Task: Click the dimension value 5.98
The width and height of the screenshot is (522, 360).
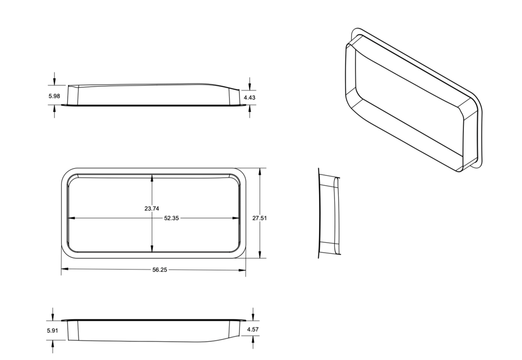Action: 54,96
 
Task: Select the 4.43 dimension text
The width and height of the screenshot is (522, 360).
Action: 249,98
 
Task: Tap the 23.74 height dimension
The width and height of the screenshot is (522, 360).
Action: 152,209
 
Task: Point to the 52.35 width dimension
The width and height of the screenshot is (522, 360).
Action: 171,218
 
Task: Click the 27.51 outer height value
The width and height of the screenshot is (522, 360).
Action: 259,218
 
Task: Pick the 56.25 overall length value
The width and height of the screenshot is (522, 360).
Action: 160,270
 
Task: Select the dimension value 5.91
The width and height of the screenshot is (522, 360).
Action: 52,331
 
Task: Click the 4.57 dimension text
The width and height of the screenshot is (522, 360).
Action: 252,329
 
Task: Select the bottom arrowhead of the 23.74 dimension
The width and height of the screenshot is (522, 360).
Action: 152,249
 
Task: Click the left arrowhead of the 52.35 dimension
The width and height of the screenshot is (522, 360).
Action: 72,218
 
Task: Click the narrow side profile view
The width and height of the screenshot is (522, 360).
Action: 329,214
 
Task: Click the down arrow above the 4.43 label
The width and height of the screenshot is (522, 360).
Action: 250,86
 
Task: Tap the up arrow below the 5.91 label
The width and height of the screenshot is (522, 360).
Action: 52,344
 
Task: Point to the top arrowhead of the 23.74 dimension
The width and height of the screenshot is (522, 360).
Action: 152,178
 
